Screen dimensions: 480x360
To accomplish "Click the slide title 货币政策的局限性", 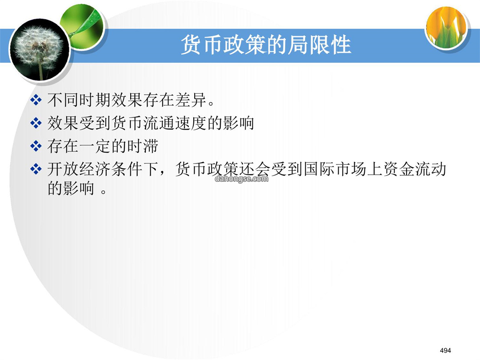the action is click(x=265, y=45).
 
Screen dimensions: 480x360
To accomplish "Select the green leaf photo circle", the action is click(x=82, y=27).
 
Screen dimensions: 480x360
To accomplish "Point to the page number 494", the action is click(x=445, y=350).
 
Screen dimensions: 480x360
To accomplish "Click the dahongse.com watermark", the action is click(x=241, y=179).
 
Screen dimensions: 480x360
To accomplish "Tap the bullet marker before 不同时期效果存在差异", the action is click(x=36, y=100).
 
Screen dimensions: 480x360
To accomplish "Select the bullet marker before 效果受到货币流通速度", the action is click(x=36, y=123).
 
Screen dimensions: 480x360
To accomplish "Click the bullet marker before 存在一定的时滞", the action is click(x=36, y=146).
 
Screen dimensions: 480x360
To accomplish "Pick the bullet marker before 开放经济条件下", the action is click(x=36, y=169).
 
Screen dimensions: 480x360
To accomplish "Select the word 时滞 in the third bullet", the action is click(x=143, y=146).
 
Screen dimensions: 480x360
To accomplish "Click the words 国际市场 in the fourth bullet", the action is click(x=335, y=169).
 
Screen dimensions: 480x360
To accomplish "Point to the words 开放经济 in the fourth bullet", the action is click(x=79, y=169).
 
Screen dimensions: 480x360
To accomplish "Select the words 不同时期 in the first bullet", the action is click(x=79, y=100).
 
